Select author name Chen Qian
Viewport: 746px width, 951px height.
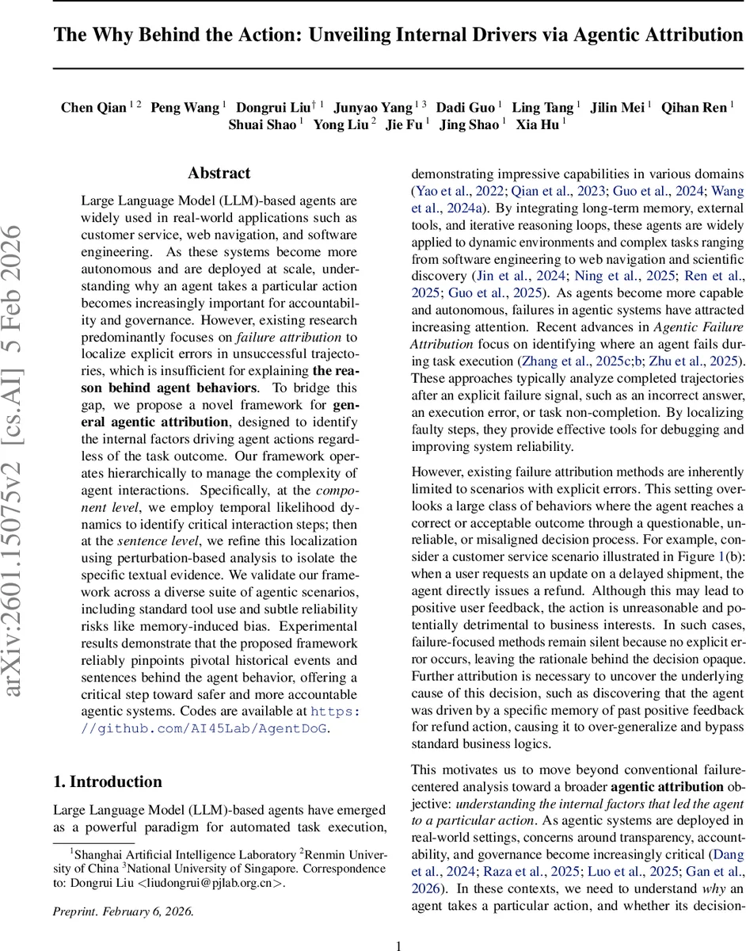click(x=94, y=108)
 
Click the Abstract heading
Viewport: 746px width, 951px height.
click(x=219, y=174)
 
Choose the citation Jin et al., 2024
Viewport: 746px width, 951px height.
click(x=518, y=277)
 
